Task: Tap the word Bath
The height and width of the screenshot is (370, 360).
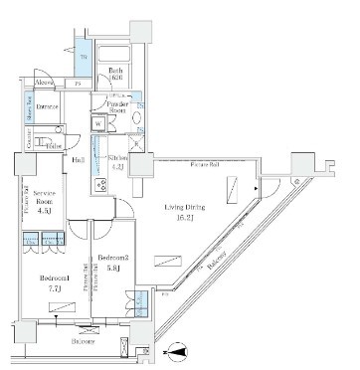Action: point(114,71)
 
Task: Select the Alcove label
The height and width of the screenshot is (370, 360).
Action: point(44,84)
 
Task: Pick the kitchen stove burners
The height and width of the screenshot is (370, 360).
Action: point(100,186)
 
